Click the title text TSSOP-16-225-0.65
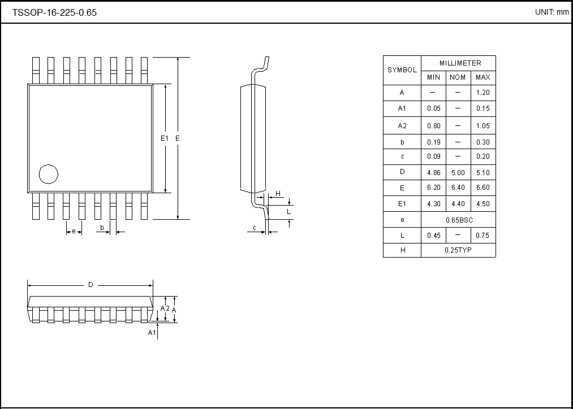coord(54,12)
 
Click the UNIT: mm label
coord(552,12)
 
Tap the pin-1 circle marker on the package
coord(49,175)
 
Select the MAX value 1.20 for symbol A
coord(482,93)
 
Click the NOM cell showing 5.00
coord(458,173)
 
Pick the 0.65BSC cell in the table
coord(458,220)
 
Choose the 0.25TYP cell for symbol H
coord(458,250)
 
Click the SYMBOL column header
coord(402,70)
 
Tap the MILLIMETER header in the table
coord(458,63)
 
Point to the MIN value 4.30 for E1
coord(433,204)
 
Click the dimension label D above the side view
coord(91,285)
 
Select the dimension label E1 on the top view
coord(164,138)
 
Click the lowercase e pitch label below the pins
coord(74,231)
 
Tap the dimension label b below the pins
coord(102,228)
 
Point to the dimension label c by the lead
coord(255,228)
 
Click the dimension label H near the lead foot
coord(278,194)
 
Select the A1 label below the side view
coord(152,333)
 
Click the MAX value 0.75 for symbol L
coord(482,236)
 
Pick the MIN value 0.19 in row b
coord(433,142)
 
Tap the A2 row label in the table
coord(402,125)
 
